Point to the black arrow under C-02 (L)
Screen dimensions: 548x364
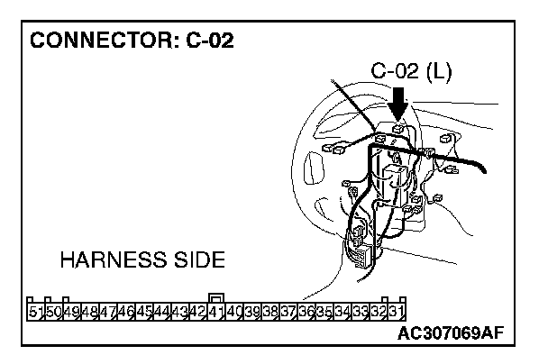[x=397, y=103]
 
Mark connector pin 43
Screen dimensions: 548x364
[x=180, y=313]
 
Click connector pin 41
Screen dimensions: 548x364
[x=216, y=313]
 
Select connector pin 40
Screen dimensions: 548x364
[x=234, y=313]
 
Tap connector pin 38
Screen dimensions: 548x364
[x=270, y=313]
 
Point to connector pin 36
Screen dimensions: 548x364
[x=306, y=313]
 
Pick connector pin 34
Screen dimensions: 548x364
[x=342, y=313]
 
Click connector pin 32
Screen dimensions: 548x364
[x=379, y=313]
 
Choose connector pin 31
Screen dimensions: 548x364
[x=397, y=313]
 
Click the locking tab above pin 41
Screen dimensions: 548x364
[x=216, y=298]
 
